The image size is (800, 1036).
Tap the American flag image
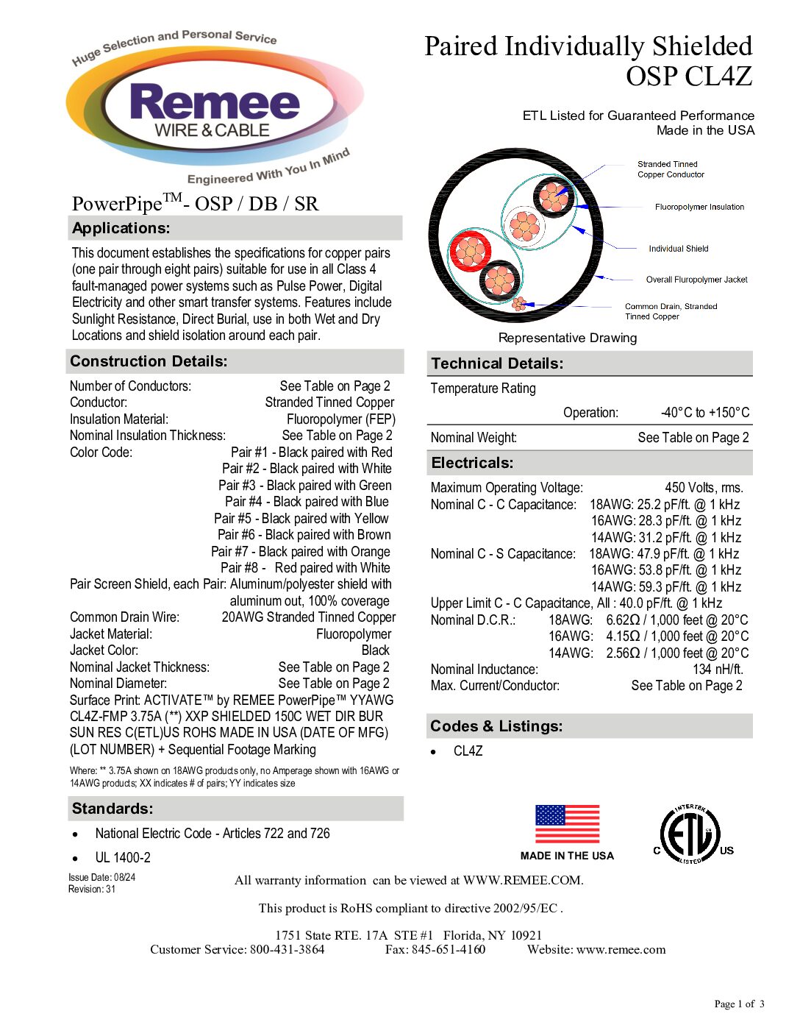click(x=567, y=824)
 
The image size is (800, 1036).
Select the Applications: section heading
click(x=121, y=228)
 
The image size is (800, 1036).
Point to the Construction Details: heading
click(x=149, y=361)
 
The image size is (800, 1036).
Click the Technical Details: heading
click(x=497, y=363)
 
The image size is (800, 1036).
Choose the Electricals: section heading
click(x=472, y=463)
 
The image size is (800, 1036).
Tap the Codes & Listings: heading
click(x=496, y=726)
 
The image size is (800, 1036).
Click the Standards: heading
click(x=113, y=809)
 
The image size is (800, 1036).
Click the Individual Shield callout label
click(x=678, y=249)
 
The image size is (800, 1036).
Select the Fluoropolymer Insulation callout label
click(x=699, y=207)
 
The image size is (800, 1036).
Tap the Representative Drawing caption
click(x=568, y=338)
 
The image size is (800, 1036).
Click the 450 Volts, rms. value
click(x=704, y=488)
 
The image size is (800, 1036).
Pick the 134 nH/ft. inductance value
click(x=718, y=670)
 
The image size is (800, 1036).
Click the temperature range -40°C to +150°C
click(x=704, y=413)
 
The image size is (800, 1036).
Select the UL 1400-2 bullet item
click(x=123, y=858)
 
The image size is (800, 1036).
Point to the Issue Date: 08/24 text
click(x=101, y=877)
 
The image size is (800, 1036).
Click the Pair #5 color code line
click(x=301, y=519)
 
